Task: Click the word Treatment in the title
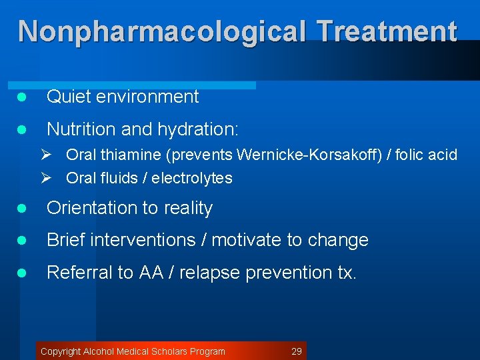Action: pos(387,31)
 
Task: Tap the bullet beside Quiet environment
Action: pos(21,97)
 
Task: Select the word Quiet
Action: pos(69,97)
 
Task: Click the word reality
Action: pos(186,208)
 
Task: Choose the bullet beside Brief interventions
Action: pos(21,241)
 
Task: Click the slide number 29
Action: pos(297,351)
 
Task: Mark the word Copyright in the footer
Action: pos(61,351)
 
